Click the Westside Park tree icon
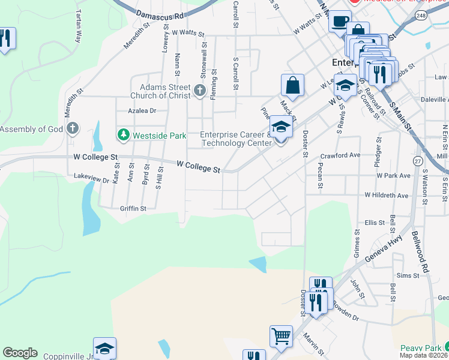click(124, 135)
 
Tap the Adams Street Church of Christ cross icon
click(200, 92)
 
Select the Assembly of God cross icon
click(73, 128)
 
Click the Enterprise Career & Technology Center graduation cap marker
click(280, 128)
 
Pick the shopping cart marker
click(280, 336)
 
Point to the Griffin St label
click(133, 209)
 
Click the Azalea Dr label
click(142, 110)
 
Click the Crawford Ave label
click(340, 155)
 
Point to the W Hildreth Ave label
click(387, 196)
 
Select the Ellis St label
click(374, 223)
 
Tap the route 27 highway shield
click(417, 161)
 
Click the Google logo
click(20, 353)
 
